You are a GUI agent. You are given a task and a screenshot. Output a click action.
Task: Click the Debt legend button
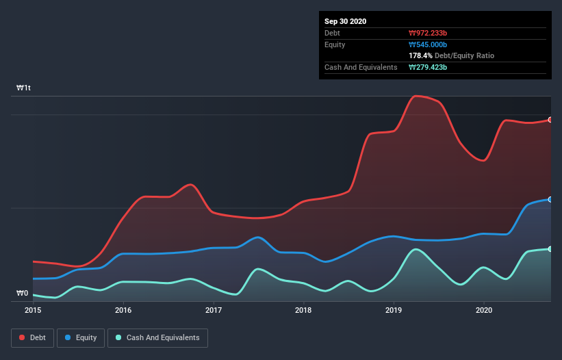31,337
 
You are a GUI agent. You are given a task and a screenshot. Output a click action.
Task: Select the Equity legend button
81,337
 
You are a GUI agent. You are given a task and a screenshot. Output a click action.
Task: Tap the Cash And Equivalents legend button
157,337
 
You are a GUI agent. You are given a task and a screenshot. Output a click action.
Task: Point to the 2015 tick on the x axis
33,310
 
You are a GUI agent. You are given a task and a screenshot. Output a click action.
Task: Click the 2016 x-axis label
123,310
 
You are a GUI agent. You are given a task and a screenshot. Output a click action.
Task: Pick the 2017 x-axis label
214,310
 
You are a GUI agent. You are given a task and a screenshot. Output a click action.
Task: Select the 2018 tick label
303,310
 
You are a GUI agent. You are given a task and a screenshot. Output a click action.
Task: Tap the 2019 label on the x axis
394,310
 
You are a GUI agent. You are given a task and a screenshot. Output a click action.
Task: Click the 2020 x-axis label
484,310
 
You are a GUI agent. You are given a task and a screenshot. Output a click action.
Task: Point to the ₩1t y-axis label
24,88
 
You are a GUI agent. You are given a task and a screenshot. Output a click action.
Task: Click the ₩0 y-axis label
23,294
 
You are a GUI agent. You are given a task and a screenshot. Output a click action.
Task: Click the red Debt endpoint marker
550,120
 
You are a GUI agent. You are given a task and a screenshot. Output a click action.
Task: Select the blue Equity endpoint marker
550,199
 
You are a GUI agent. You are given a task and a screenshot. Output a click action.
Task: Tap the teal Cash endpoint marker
550,249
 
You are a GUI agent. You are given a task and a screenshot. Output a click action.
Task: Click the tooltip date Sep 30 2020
346,21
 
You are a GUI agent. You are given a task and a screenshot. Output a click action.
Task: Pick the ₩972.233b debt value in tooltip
428,33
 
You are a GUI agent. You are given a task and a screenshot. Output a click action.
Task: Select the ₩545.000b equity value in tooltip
428,44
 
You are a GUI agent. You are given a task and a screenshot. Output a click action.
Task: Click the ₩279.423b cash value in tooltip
428,67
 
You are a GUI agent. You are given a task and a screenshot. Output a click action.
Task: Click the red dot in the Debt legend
23,337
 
